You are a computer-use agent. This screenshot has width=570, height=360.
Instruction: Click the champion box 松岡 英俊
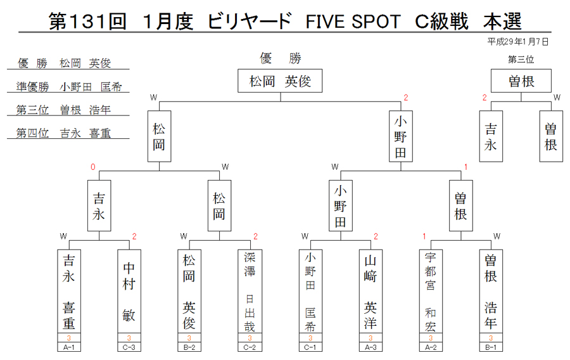280,80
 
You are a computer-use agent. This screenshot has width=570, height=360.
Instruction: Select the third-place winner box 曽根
521,80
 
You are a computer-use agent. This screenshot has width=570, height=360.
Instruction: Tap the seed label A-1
69,347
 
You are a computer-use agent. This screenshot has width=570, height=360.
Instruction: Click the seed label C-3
129,347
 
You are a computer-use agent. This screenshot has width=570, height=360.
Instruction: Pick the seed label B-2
189,347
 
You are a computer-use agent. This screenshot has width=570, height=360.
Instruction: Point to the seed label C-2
250,347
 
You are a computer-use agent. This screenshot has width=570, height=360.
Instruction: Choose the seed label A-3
370,347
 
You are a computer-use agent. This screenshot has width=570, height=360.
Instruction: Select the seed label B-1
491,347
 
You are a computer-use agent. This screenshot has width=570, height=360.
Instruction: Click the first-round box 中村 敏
129,292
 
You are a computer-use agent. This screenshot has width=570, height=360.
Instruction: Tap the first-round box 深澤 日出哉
250,292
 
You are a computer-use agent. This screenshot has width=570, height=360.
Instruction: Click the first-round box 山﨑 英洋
370,292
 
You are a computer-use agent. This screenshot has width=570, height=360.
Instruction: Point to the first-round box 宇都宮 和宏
431,292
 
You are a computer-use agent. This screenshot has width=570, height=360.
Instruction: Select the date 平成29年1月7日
518,42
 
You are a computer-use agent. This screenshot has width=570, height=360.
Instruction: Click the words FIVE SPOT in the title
353,22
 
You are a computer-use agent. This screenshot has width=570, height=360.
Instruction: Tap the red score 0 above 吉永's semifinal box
92,167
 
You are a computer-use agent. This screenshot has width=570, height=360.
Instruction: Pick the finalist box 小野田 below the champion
401,136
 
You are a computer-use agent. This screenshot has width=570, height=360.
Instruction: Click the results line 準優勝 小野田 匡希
68,87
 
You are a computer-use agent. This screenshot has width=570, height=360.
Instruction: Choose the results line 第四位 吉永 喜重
63,133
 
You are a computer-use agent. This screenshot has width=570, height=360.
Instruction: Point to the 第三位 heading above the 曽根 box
521,60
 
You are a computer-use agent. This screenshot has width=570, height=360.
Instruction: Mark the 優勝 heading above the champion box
281,58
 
